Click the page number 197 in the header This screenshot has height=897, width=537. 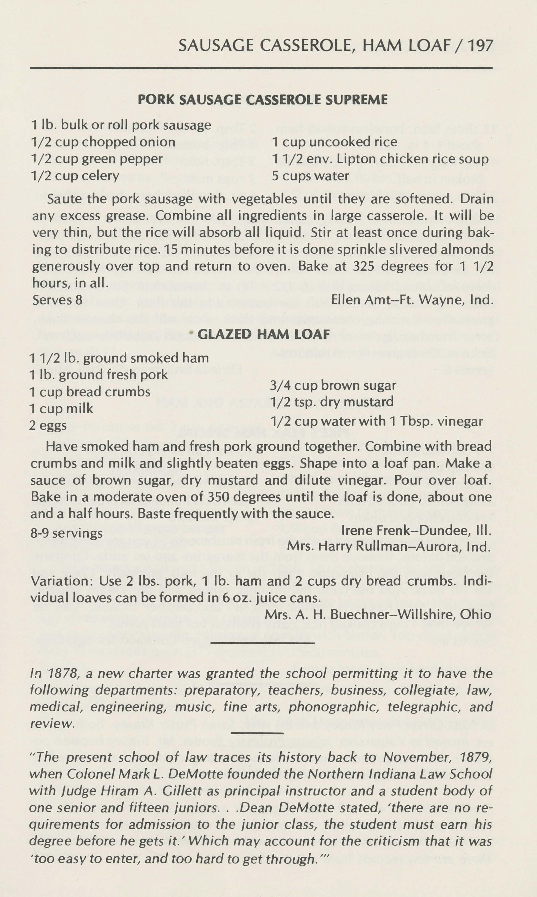click(x=480, y=46)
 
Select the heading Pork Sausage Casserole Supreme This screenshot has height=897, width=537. click(x=263, y=99)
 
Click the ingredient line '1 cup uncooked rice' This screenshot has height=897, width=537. click(x=334, y=142)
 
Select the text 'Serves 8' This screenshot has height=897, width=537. click(x=57, y=300)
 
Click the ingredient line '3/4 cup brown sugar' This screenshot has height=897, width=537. click(x=333, y=385)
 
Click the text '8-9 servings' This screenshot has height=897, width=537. click(x=66, y=533)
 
